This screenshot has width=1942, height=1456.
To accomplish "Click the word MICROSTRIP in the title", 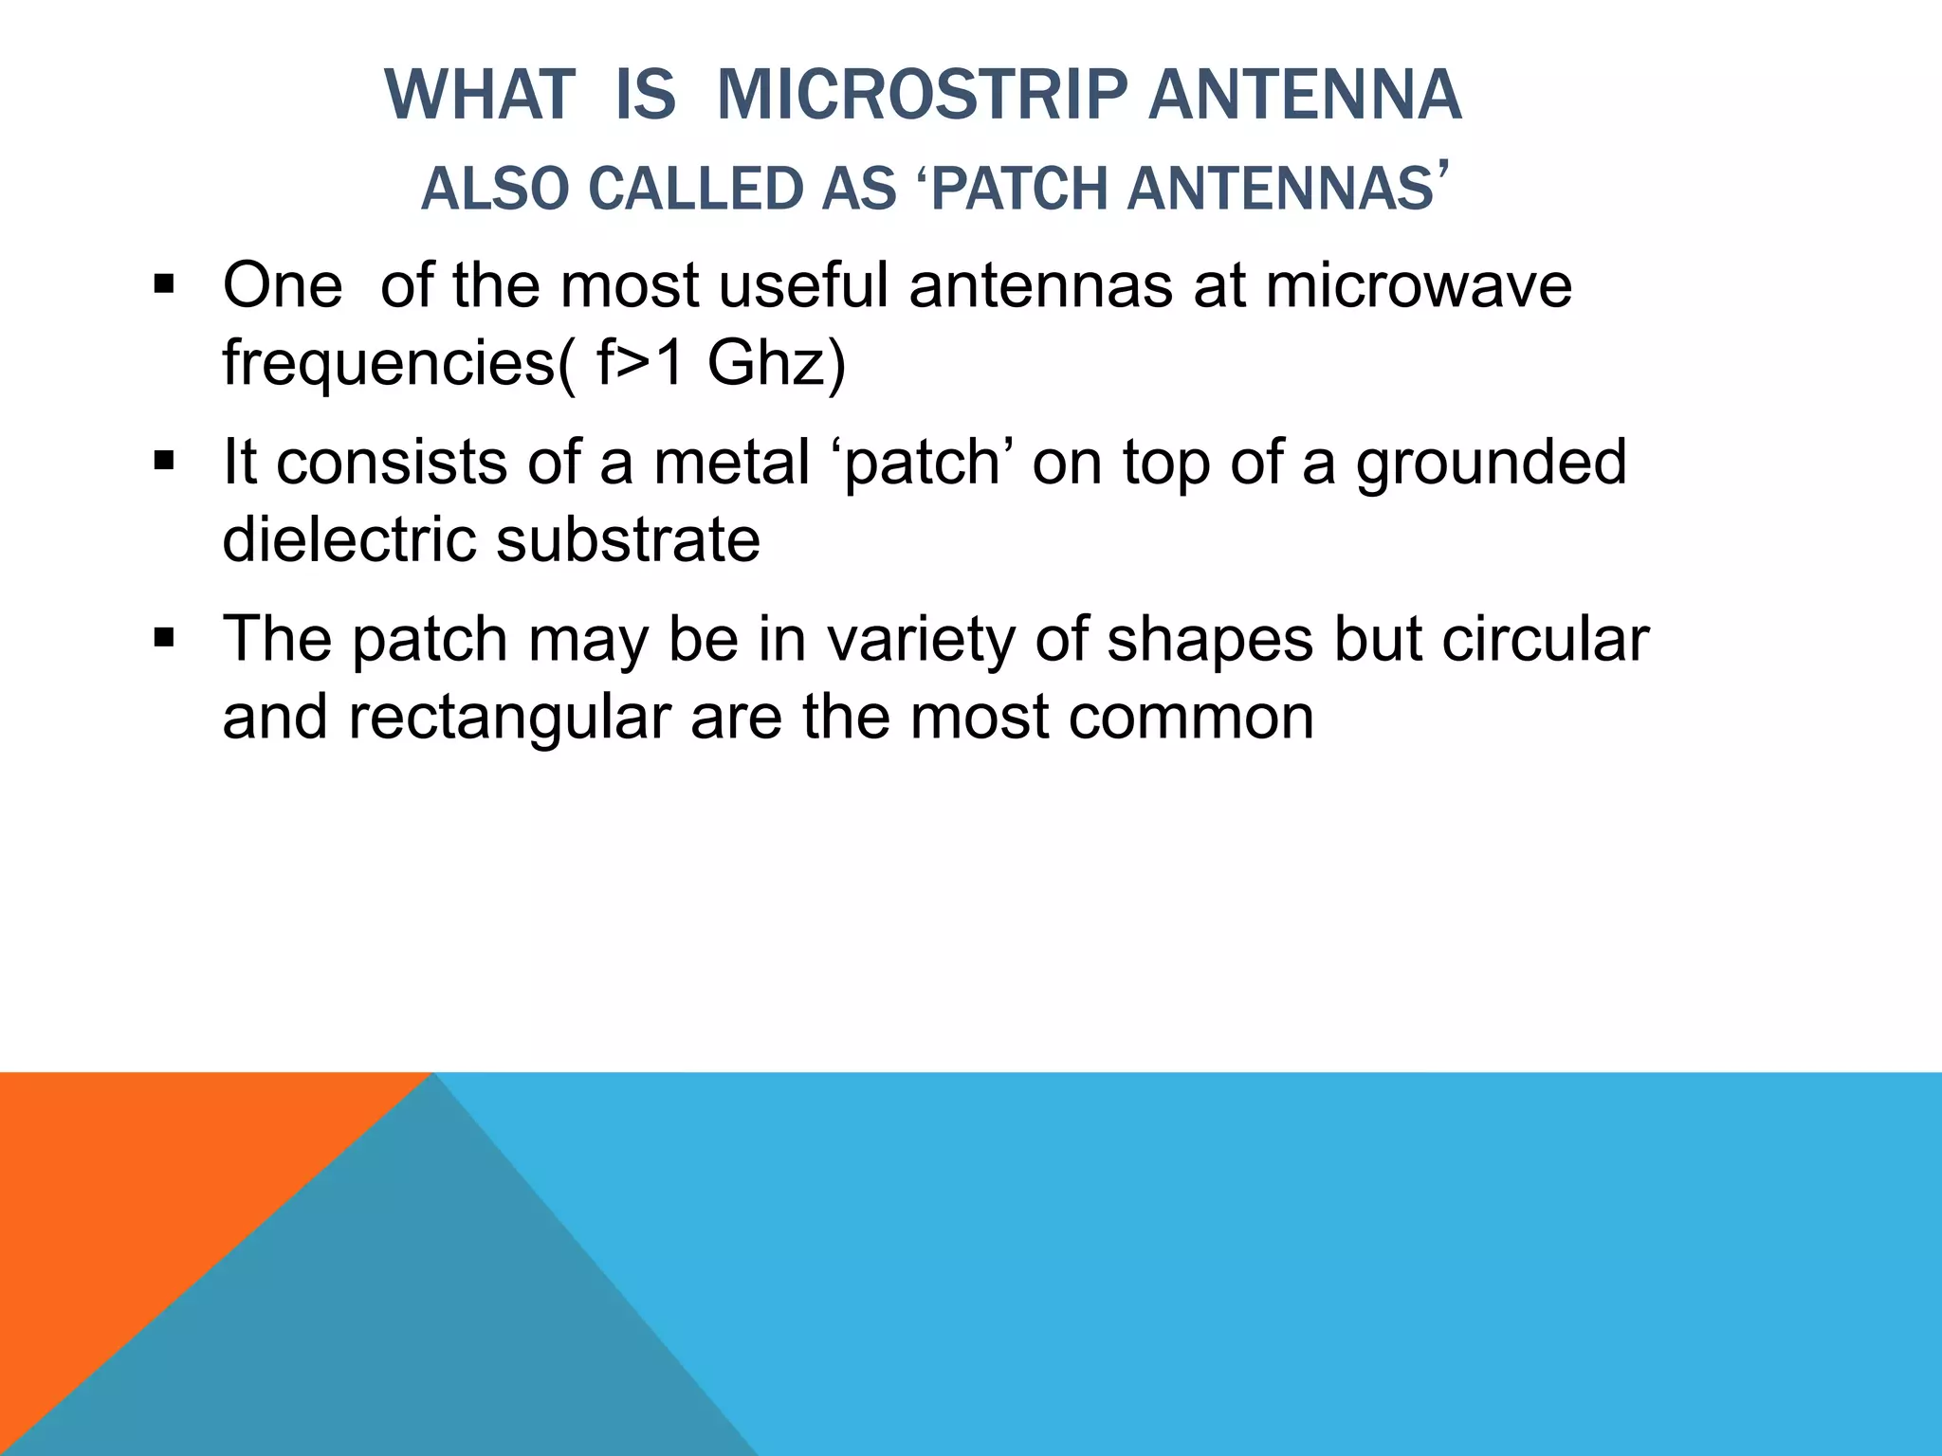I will pyautogui.click(x=922, y=95).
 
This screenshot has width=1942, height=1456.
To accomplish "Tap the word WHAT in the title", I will pyautogui.click(x=480, y=95).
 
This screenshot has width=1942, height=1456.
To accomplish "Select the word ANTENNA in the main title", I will pyautogui.click(x=1305, y=95).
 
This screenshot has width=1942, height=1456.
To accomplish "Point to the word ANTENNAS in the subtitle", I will pyautogui.click(x=1280, y=189).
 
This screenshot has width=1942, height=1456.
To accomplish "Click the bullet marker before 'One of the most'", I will pyautogui.click(x=164, y=284).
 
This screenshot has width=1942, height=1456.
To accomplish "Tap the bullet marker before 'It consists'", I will pyautogui.click(x=164, y=462).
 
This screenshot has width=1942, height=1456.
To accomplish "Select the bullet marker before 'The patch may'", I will pyautogui.click(x=164, y=639).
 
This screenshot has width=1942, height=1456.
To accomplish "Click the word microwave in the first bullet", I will pyautogui.click(x=1419, y=284).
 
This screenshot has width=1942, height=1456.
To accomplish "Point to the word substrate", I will pyautogui.click(x=628, y=539).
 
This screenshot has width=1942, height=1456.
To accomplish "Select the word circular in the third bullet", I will pyautogui.click(x=1546, y=639).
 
